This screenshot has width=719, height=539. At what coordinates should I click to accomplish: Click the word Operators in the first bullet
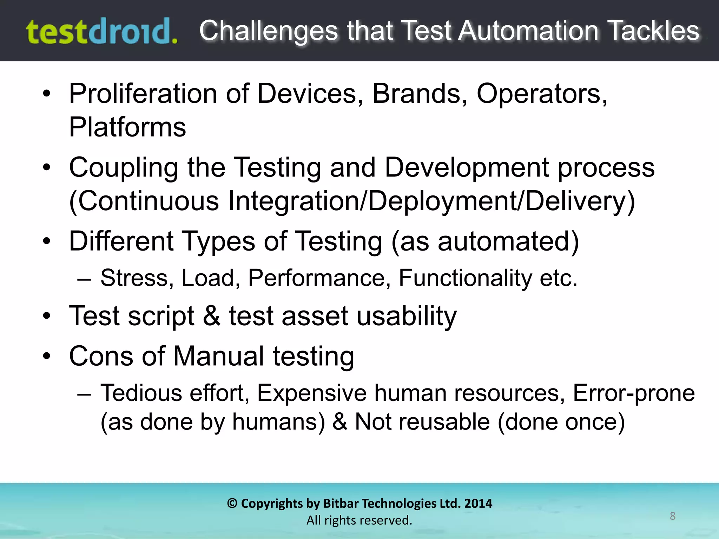(541, 94)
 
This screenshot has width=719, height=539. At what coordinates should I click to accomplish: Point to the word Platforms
(127, 127)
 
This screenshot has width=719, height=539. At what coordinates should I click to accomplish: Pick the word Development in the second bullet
(467, 168)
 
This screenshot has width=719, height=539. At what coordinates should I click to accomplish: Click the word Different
(121, 241)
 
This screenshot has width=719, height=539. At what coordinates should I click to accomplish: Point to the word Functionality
(465, 278)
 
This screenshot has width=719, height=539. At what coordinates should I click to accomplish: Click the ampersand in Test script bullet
(212, 316)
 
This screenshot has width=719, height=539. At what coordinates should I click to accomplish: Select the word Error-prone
(634, 393)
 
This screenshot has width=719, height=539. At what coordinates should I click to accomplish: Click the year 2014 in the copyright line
(478, 504)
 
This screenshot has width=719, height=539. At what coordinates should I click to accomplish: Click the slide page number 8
(672, 516)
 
